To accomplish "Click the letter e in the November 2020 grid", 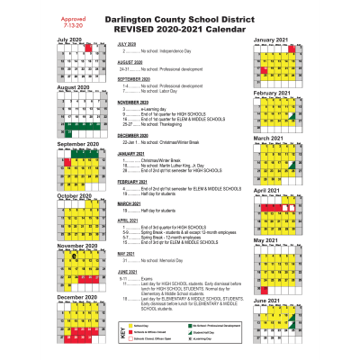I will pyautogui.click(x=75, y=256).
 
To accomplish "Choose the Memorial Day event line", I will pyautogui.click(x=161, y=261).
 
